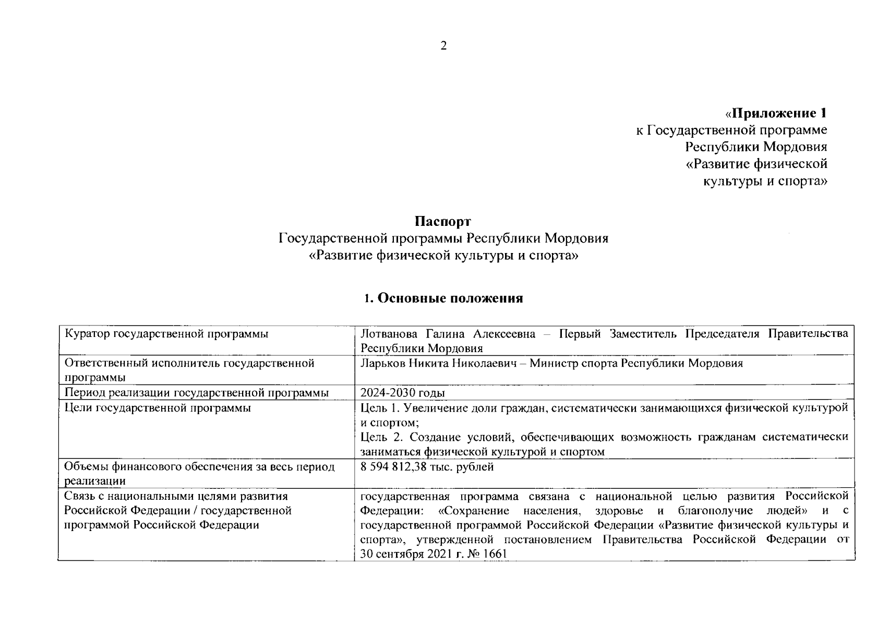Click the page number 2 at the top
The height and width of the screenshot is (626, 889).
pos(443,46)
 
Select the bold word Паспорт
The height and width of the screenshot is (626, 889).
pos(443,221)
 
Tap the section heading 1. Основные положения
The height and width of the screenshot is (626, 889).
pos(443,298)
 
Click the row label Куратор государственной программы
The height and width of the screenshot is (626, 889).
pos(166,334)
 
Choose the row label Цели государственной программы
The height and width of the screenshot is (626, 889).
pos(157,407)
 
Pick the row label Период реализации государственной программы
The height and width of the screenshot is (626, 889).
pos(196,393)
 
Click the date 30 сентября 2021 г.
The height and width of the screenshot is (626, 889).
pos(413,554)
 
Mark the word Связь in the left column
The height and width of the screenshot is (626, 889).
pos(80,496)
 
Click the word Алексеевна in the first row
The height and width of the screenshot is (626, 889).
pos(504,334)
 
